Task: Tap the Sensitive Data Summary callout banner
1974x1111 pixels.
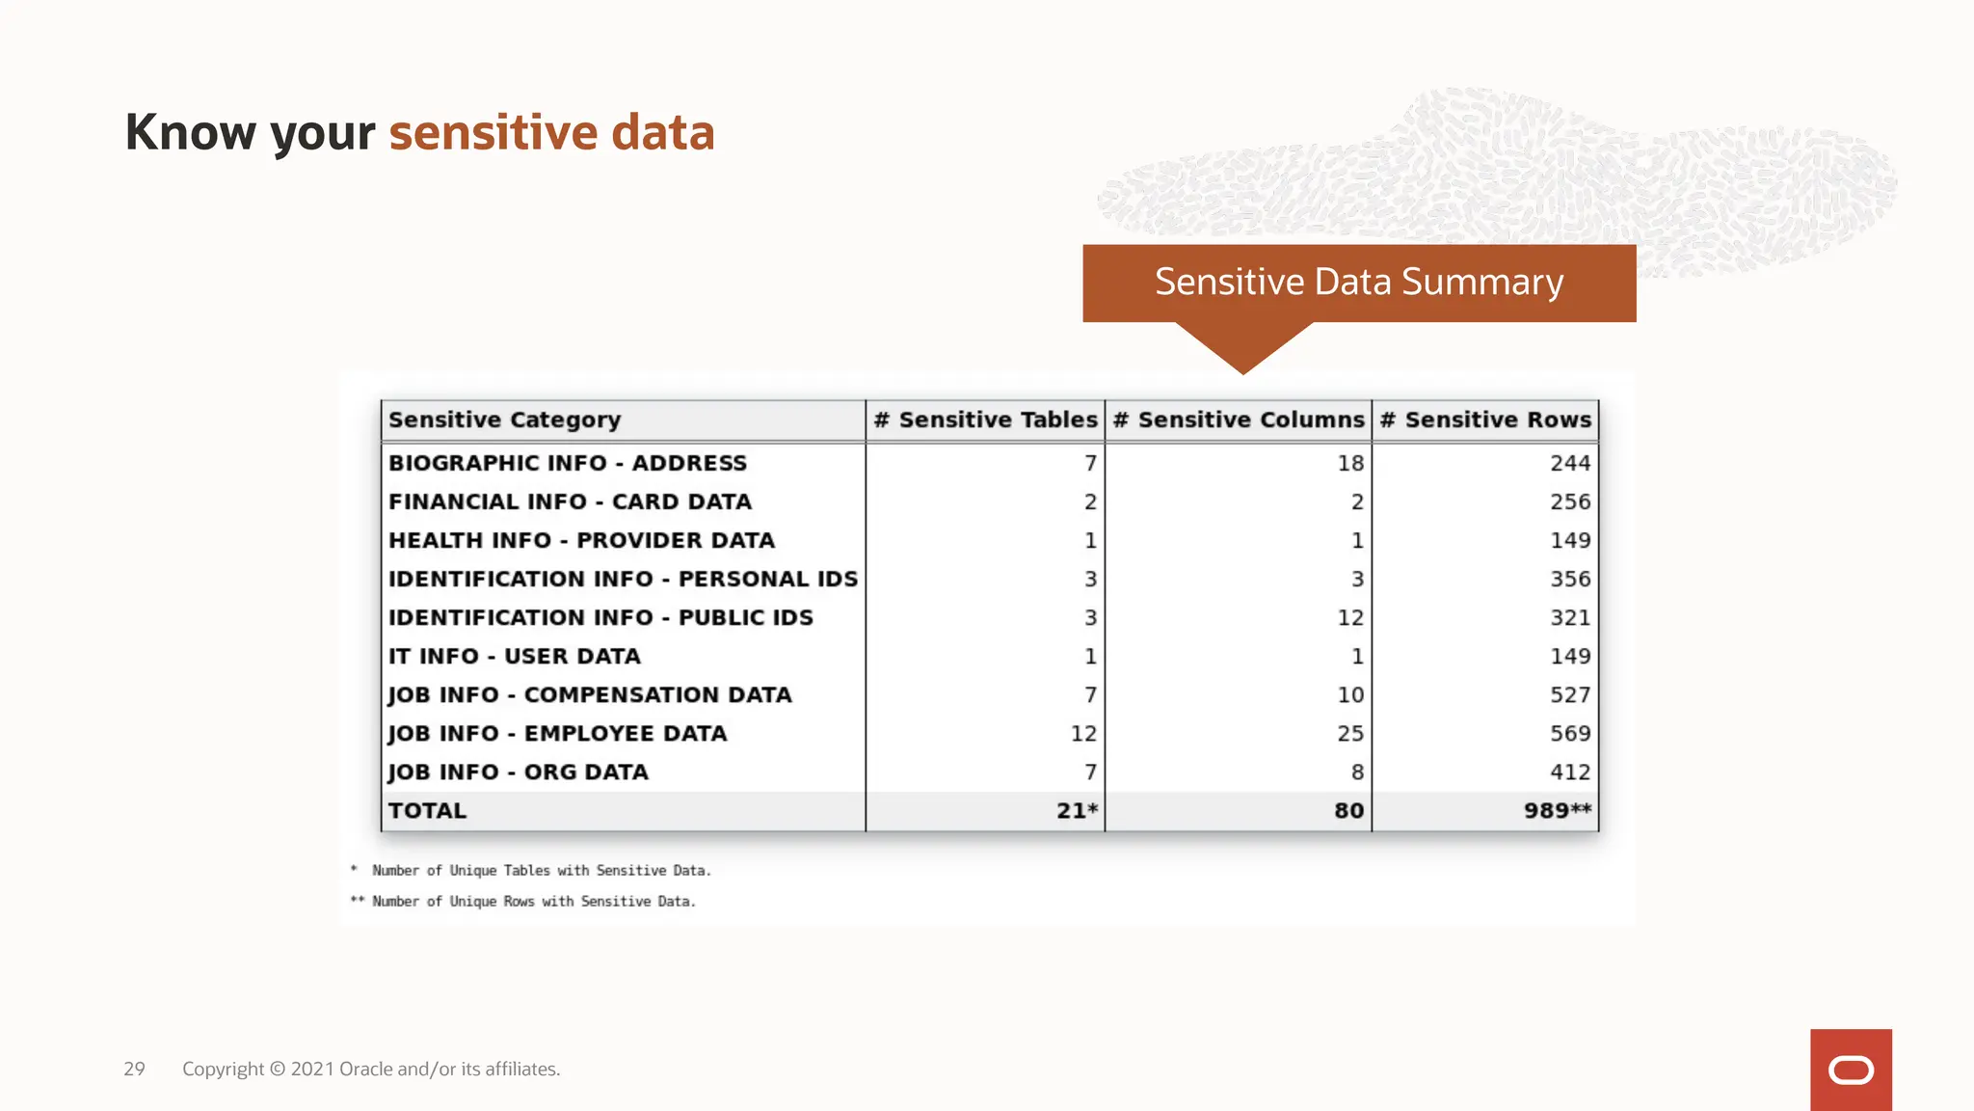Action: coord(1358,283)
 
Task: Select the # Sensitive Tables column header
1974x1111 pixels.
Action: coord(985,420)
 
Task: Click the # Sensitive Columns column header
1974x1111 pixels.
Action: coord(1239,420)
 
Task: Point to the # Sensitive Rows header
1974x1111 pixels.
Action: coord(1485,420)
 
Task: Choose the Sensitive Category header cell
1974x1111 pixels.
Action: coord(504,420)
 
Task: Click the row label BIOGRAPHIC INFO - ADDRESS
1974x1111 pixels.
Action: coord(568,464)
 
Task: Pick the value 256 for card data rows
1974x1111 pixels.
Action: coord(1569,502)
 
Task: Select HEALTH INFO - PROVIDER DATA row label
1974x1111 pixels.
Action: coord(581,541)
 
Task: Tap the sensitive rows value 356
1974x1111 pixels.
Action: coord(1569,580)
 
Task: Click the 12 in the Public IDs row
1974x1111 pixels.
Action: coord(1349,618)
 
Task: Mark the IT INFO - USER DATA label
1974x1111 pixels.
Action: coord(514,657)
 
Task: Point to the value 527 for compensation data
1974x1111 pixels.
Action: coord(1569,695)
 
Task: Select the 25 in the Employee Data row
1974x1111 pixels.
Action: coord(1349,734)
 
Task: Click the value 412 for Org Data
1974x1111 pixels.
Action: coord(1569,772)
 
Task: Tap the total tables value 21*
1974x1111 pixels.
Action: coord(1077,811)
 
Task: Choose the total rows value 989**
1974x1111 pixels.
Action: coord(1557,811)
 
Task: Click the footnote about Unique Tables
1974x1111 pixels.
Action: coord(540,871)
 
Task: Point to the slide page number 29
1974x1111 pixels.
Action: coord(134,1069)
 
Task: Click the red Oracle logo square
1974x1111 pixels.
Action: coord(1850,1070)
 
